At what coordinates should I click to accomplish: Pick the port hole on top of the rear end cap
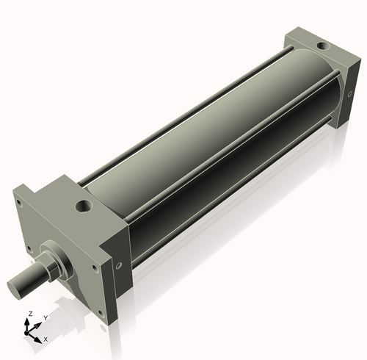[321, 48]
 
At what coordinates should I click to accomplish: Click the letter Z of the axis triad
[29, 313]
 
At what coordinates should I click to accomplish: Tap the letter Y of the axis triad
[46, 317]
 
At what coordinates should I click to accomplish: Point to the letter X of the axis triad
[46, 339]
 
